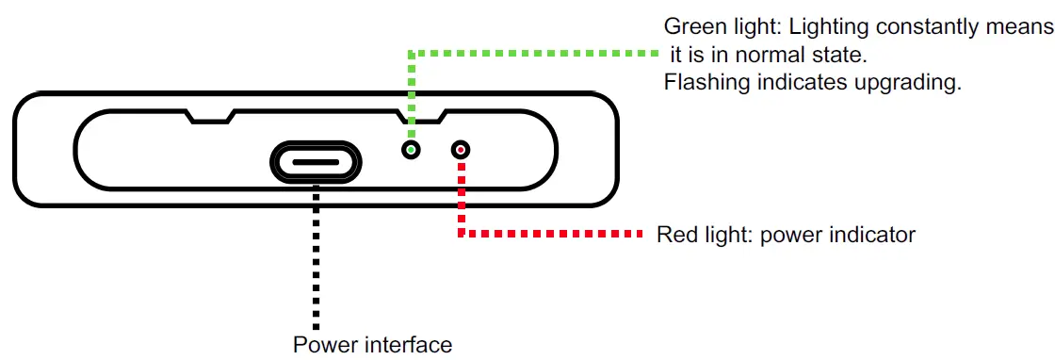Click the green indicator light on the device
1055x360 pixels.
click(411, 150)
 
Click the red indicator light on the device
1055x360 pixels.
click(461, 150)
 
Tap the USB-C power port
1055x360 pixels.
click(316, 161)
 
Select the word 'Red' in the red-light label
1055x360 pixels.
click(674, 234)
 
